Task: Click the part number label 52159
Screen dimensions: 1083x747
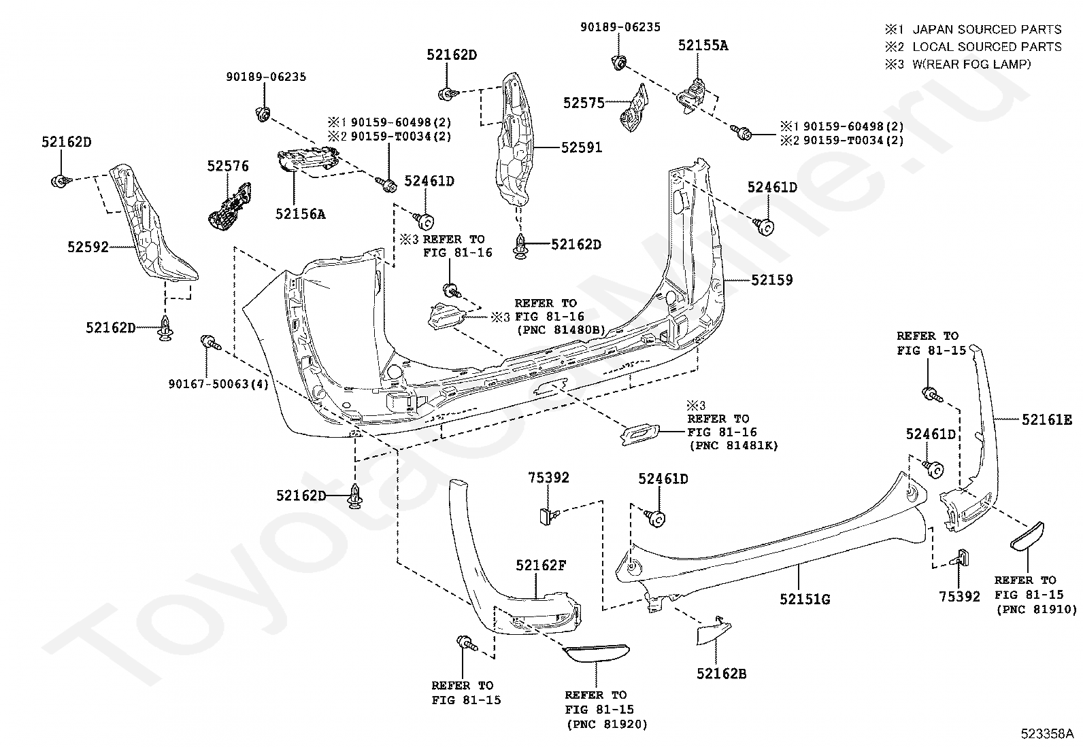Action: tap(771, 280)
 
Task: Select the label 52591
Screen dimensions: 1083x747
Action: tap(581, 147)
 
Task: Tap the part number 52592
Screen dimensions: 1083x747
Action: tap(88, 247)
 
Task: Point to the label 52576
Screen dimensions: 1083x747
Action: tap(228, 167)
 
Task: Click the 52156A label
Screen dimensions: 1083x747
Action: tap(300, 213)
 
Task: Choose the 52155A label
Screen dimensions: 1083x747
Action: tap(703, 46)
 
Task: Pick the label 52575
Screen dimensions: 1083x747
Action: tap(584, 103)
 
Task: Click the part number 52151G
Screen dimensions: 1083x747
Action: tap(805, 599)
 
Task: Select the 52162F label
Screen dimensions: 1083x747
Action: tap(541, 565)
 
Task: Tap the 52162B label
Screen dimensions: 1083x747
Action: tap(721, 674)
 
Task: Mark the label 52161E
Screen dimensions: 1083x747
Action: tap(1047, 420)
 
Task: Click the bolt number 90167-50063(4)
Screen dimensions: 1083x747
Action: tap(218, 384)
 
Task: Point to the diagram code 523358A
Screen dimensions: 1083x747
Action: tap(1047, 733)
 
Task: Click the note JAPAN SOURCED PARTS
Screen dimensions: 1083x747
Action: tap(987, 29)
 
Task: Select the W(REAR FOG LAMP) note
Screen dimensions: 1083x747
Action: tap(972, 65)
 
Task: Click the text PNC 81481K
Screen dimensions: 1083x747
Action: tap(734, 445)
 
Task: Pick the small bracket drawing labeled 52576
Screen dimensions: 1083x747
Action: tap(230, 207)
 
